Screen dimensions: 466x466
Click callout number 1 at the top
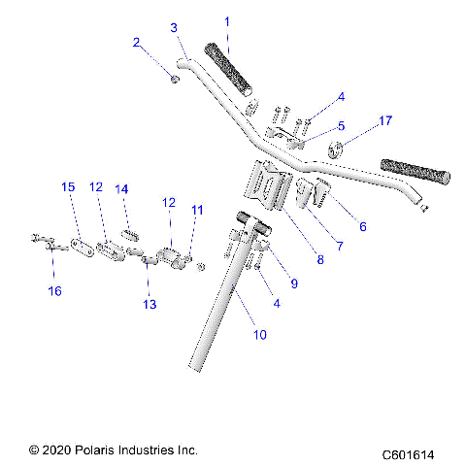pos(227,21)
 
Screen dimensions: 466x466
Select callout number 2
pos(137,42)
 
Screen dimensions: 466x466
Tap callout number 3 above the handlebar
pos(174,28)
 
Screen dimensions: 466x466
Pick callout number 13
pos(149,305)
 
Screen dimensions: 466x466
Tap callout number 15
pos(68,186)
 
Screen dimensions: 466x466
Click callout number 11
pos(198,209)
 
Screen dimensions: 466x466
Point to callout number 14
pos(122,190)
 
